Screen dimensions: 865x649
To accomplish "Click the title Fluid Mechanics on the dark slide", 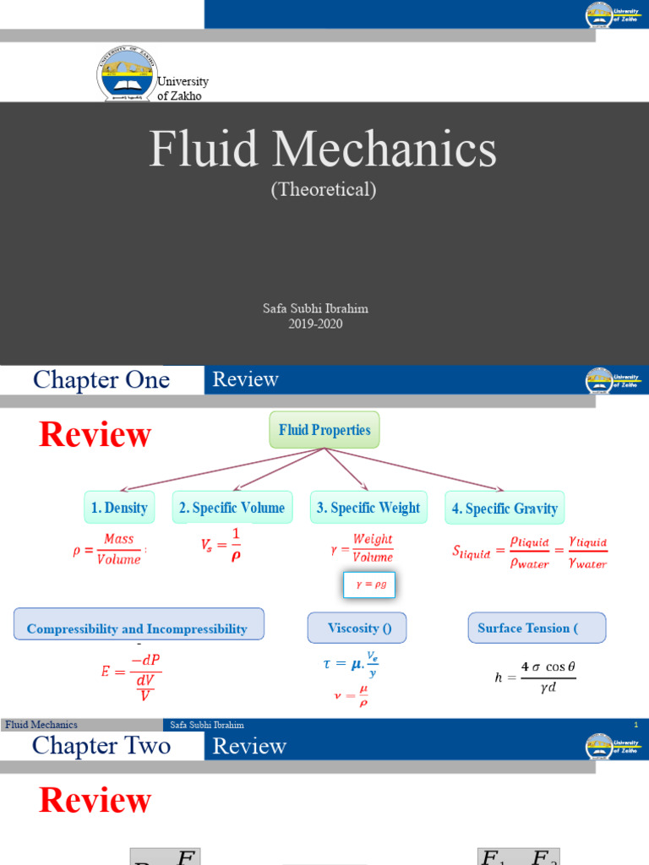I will pyautogui.click(x=324, y=150).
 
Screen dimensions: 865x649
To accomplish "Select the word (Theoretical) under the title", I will pyautogui.click(x=324, y=189).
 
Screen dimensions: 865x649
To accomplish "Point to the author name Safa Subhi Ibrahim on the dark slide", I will pyautogui.click(x=315, y=309).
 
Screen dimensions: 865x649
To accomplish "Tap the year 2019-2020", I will pyautogui.click(x=315, y=324).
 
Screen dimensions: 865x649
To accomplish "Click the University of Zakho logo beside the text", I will pyautogui.click(x=127, y=74).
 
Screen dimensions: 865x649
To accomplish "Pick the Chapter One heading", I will pyautogui.click(x=101, y=380).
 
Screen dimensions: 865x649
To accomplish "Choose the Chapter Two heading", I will pyautogui.click(x=101, y=746).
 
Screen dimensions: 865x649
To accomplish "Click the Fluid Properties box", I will pyautogui.click(x=324, y=430).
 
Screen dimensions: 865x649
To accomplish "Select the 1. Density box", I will pyautogui.click(x=119, y=508).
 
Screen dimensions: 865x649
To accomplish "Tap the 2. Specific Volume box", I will pyautogui.click(x=232, y=508).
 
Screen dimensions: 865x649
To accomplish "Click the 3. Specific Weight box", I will pyautogui.click(x=368, y=508).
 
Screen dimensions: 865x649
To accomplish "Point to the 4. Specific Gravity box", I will pyautogui.click(x=504, y=509).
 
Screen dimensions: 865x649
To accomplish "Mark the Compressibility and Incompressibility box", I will pyautogui.click(x=139, y=628).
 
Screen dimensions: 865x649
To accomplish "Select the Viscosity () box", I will pyautogui.click(x=356, y=628).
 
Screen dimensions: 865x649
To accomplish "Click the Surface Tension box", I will pyautogui.click(x=536, y=628).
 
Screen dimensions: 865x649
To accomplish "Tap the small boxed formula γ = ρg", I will pyautogui.click(x=368, y=585).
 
